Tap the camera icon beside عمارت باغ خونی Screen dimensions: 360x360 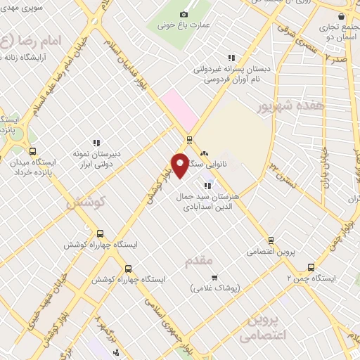click(x=184, y=15)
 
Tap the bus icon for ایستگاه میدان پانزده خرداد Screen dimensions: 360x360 click(x=32, y=151)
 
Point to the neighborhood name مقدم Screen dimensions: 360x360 click(x=199, y=262)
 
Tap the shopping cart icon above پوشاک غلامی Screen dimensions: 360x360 click(x=214, y=276)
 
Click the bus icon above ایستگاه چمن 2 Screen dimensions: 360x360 click(x=311, y=267)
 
